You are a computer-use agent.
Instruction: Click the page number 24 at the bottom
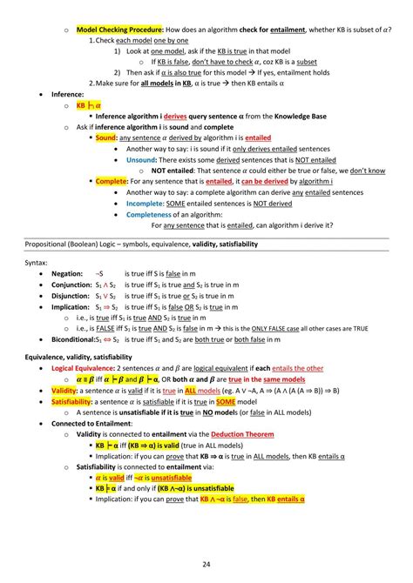(206, 565)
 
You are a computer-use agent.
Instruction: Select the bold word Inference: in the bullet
(70, 90)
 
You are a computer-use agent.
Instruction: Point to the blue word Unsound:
(141, 160)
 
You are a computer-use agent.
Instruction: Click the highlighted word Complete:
(112, 182)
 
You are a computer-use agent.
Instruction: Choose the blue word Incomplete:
(145, 204)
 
